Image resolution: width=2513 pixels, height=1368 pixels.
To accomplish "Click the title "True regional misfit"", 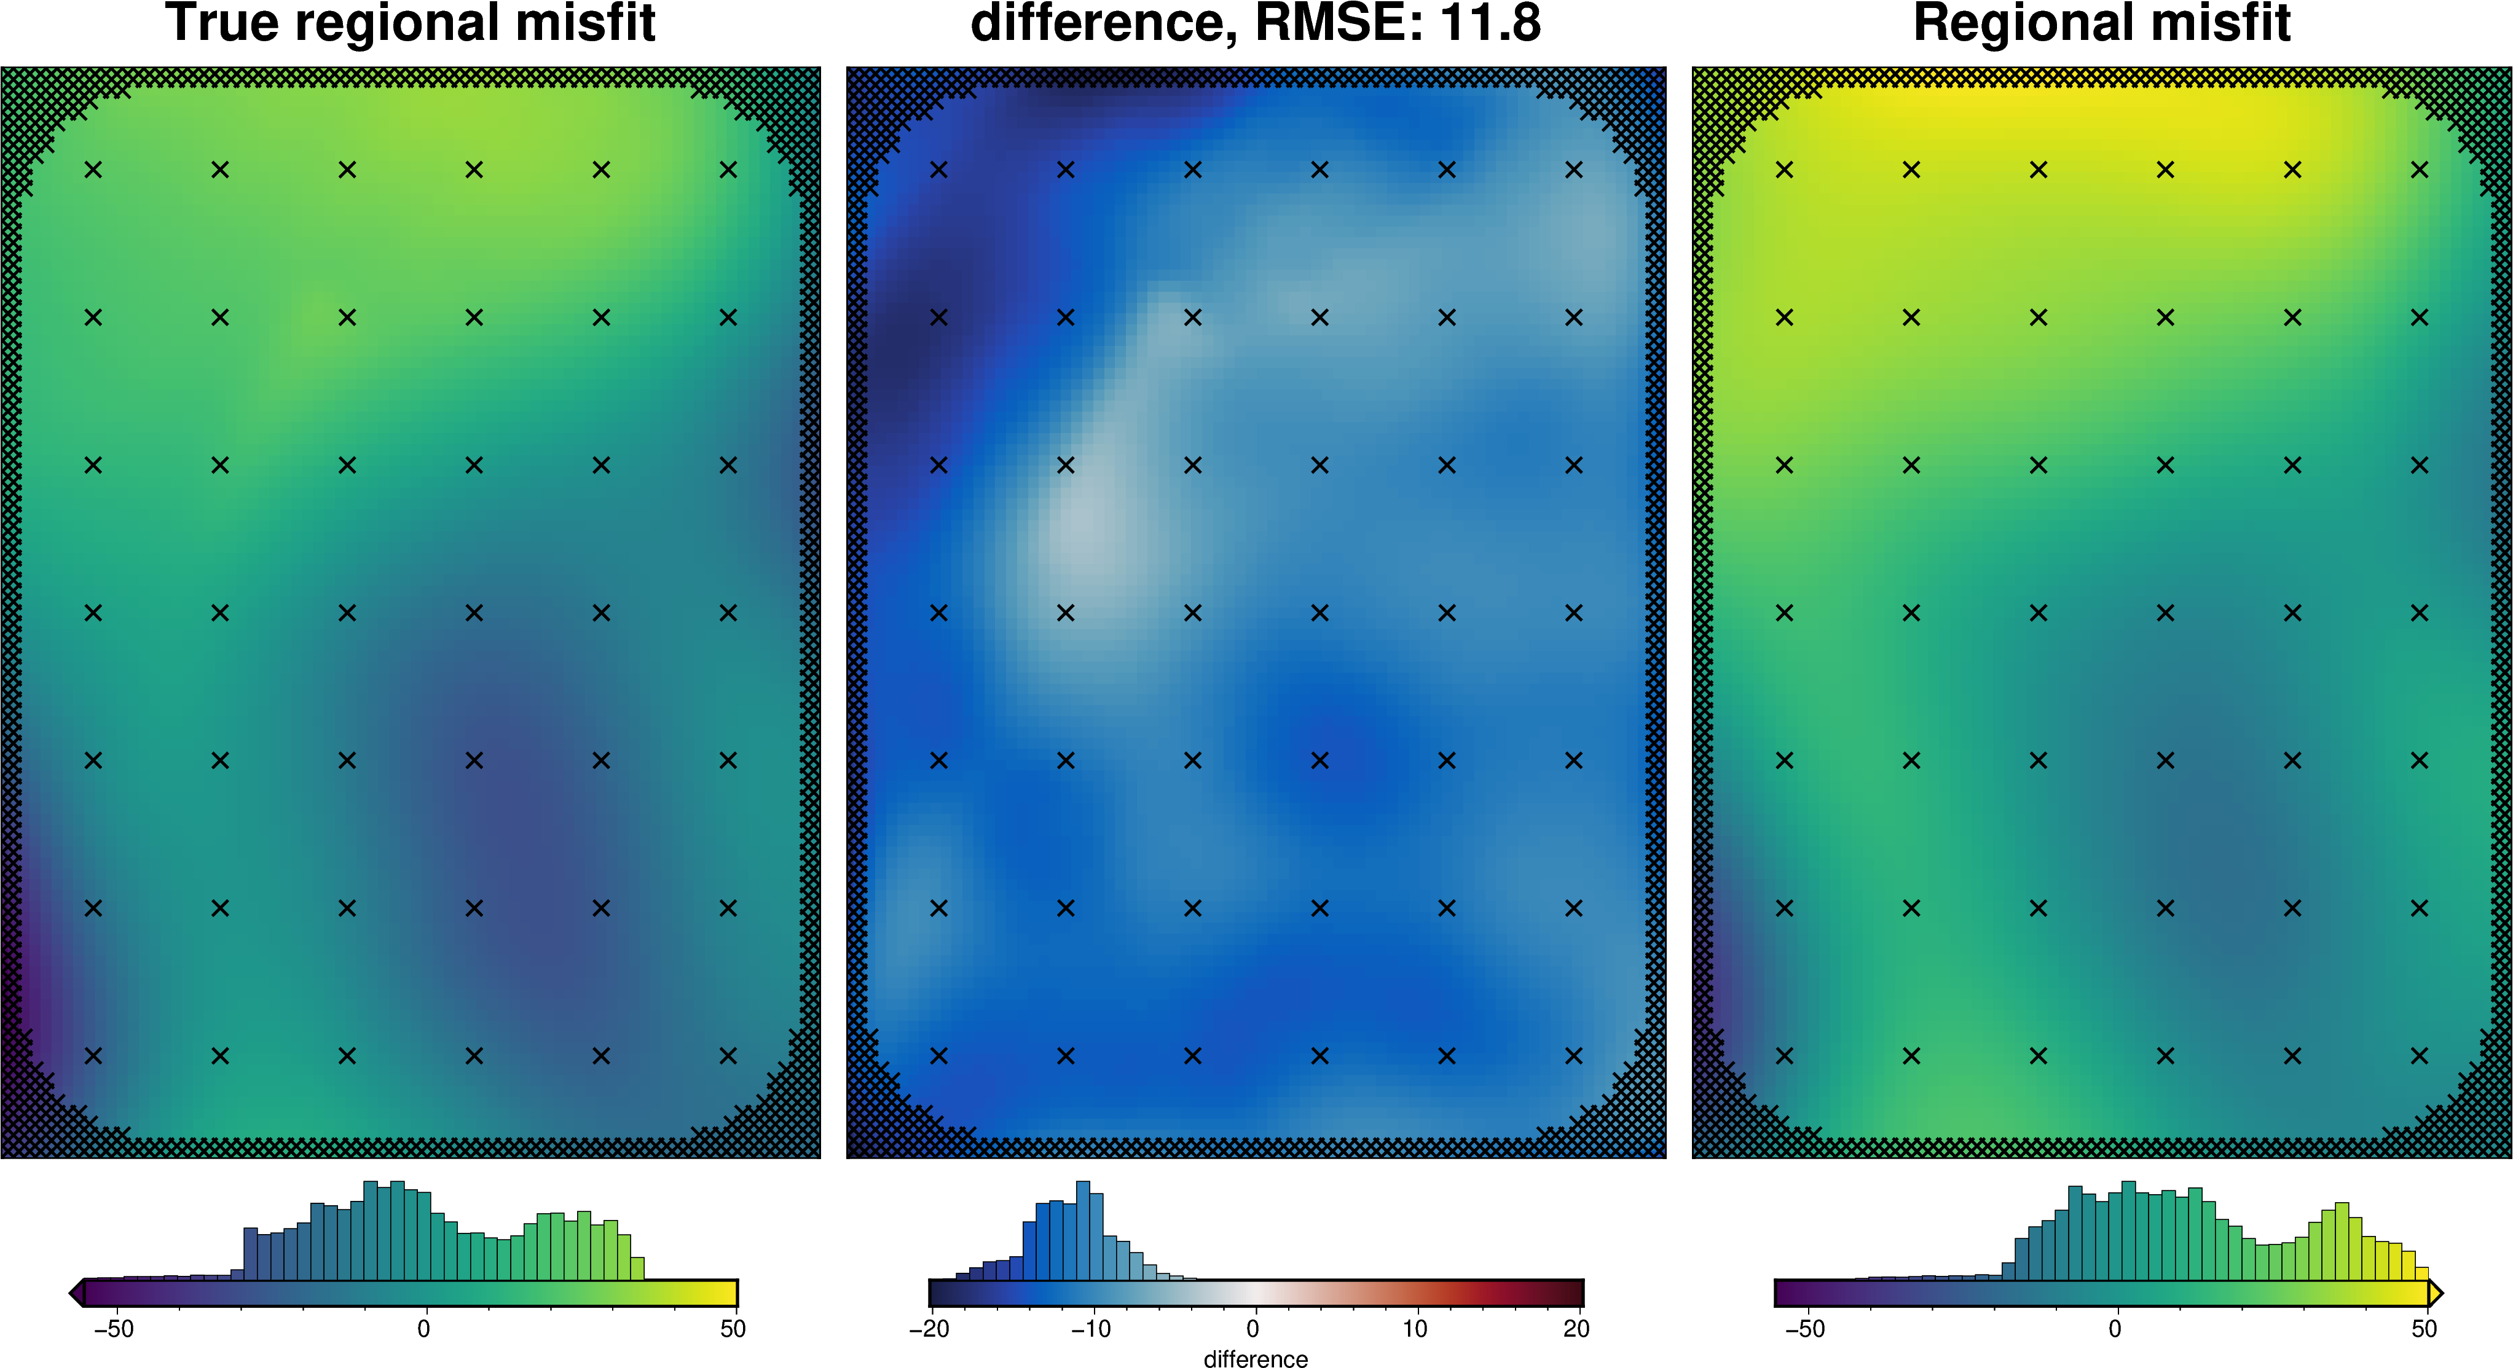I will tap(411, 23).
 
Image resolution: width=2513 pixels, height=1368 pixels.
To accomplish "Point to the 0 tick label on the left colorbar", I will tap(423, 1329).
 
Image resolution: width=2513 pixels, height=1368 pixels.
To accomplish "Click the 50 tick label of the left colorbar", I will tap(733, 1329).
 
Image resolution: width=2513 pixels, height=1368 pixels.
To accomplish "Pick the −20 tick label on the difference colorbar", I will tap(929, 1329).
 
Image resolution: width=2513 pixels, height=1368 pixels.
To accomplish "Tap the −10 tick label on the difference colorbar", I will tap(1091, 1329).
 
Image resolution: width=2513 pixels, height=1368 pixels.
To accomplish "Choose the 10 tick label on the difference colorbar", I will tap(1415, 1329).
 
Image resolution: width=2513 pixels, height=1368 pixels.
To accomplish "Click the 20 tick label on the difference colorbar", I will tap(1576, 1329).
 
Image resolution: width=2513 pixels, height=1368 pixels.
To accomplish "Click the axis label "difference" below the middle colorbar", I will tap(1256, 1358).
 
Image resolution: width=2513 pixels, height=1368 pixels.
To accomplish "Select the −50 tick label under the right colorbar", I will tap(1805, 1329).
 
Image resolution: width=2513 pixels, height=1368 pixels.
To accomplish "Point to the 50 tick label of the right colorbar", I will tap(2425, 1329).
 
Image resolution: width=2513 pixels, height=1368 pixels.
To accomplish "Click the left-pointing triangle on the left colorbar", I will tap(76, 1293).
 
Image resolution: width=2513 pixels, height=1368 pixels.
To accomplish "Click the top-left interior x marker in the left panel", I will tap(93, 170).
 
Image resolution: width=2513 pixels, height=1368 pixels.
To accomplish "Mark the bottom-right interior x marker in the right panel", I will tap(2420, 1055).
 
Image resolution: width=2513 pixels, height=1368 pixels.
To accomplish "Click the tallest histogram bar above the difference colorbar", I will tap(1083, 1230).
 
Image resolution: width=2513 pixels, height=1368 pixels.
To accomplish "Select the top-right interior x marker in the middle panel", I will tap(1573, 170).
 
